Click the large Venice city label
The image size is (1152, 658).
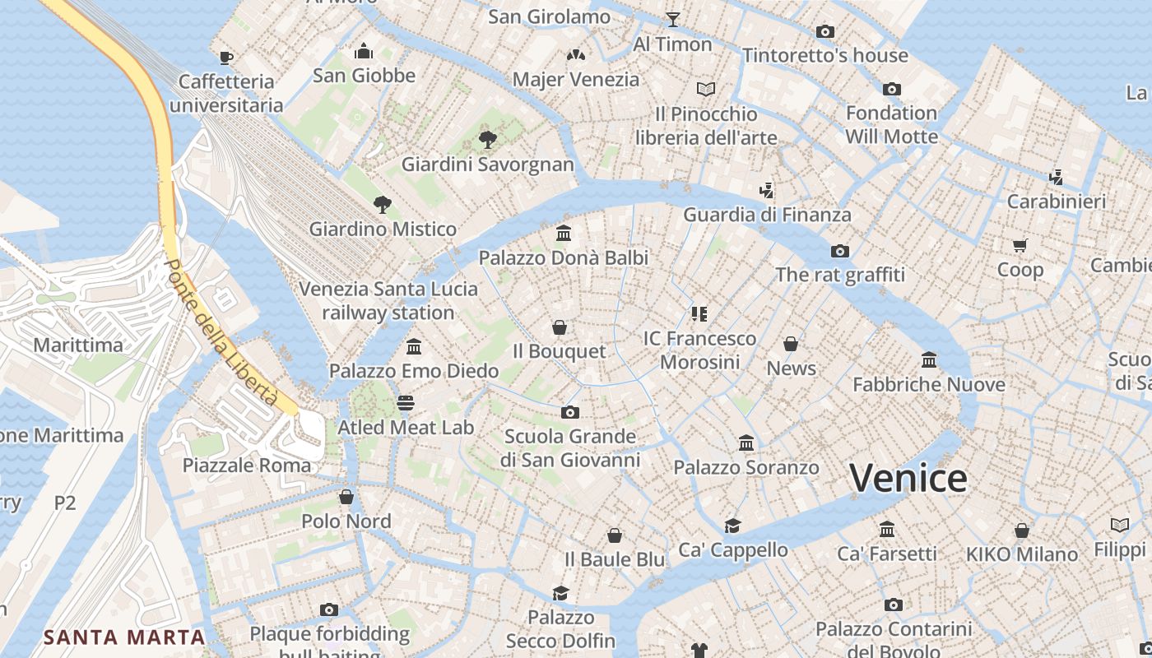908,479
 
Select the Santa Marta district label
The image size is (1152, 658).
124,637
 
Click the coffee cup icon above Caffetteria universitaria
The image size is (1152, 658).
225,57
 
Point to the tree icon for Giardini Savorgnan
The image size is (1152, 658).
487,139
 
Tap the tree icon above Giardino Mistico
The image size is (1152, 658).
382,204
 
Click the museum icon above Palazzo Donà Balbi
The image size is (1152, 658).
564,234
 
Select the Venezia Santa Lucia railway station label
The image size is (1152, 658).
388,301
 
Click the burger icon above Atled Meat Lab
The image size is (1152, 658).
405,403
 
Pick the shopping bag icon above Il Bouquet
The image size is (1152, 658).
560,327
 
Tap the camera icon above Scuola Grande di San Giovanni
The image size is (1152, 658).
569,412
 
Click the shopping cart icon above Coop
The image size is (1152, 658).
1020,245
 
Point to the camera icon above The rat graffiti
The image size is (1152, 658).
839,251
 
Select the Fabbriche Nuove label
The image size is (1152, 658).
928,384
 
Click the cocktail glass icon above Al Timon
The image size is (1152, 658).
672,20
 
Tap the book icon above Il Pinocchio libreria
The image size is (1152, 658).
705,89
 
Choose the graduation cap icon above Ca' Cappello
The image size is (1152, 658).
732,526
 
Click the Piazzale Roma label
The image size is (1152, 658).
247,466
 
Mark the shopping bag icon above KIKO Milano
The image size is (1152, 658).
1021,531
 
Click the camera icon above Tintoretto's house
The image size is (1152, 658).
825,32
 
